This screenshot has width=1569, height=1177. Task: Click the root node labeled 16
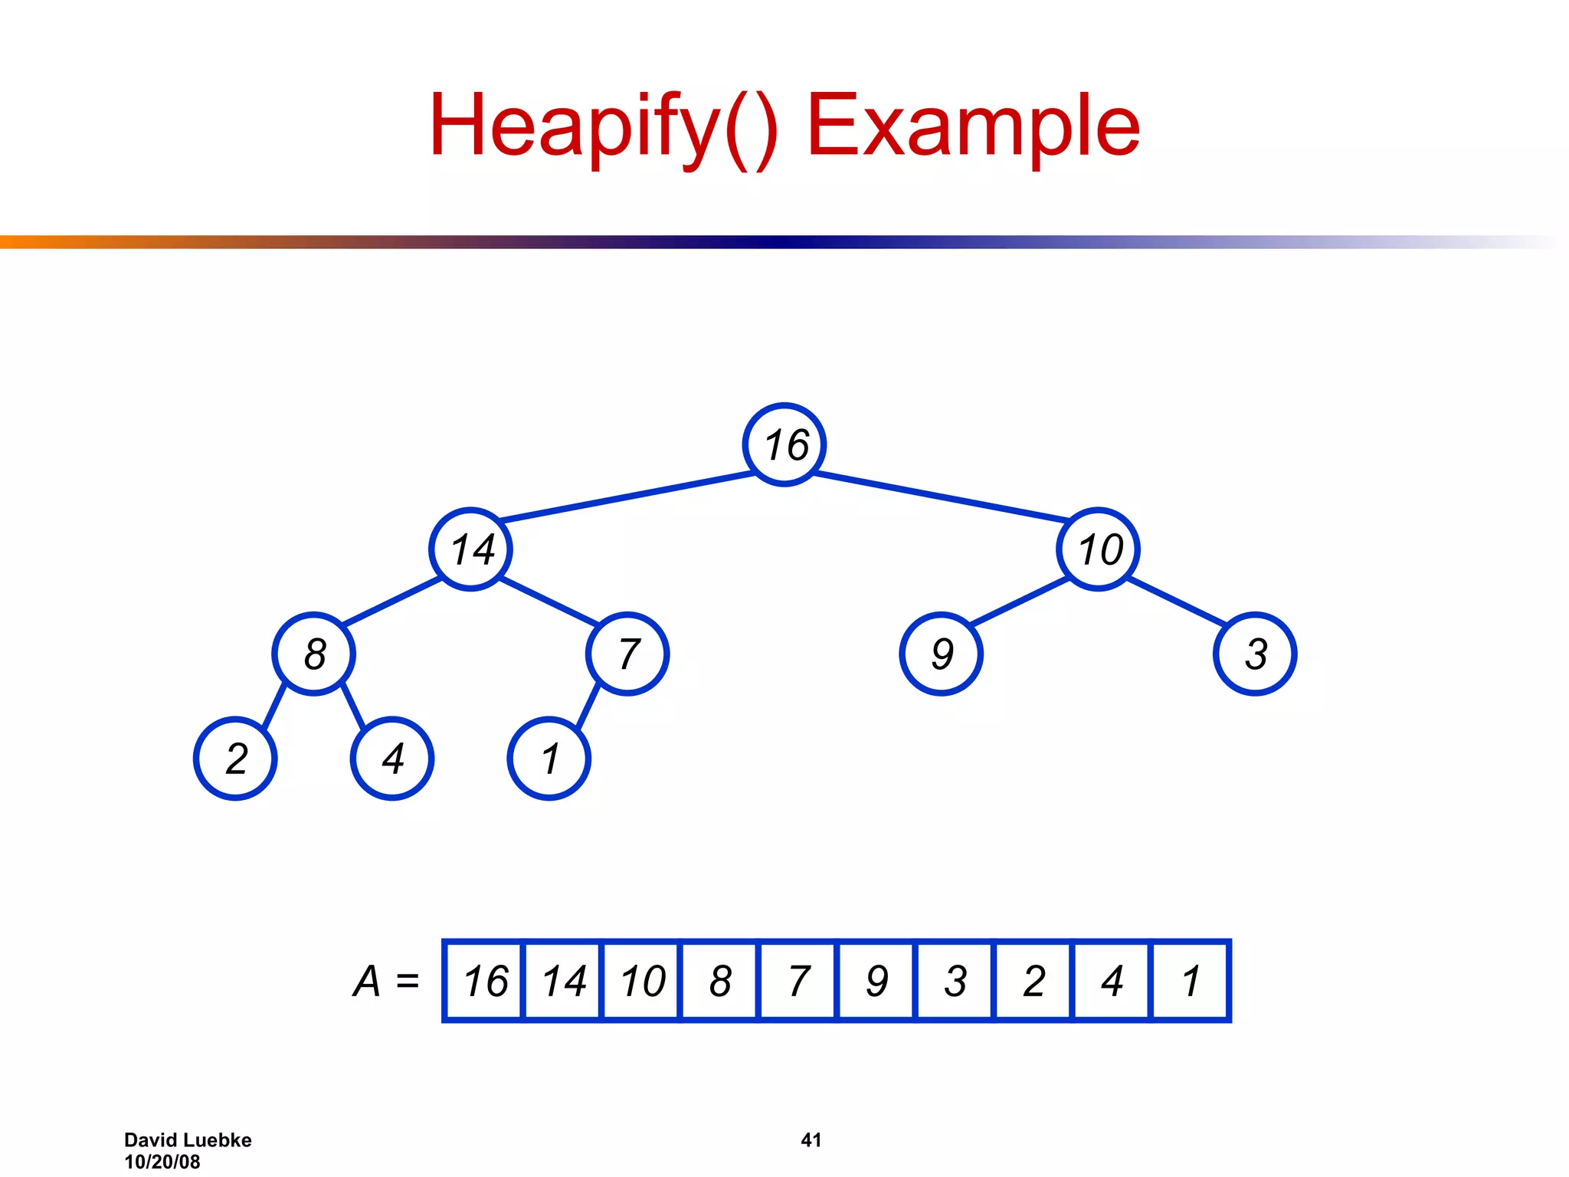pos(784,444)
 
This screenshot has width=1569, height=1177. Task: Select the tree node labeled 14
pos(470,549)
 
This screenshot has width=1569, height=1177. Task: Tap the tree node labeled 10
pos(1099,549)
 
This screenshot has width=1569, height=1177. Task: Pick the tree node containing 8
pos(314,654)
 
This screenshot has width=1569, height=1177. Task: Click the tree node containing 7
pos(627,654)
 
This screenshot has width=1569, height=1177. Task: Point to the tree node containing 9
pos(942,654)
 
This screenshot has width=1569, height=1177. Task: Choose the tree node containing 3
pos(1255,654)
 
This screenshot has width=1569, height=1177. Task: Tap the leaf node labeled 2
pos(235,759)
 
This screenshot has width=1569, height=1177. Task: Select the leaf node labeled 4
pos(392,759)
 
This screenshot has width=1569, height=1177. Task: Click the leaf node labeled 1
pos(549,759)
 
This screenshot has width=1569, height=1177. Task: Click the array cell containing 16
pos(484,981)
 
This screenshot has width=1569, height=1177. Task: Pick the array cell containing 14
pos(563,981)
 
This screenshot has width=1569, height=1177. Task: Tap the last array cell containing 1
pos(1190,981)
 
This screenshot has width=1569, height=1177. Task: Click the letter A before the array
pos(367,981)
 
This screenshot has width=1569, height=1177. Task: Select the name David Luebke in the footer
pos(188,1140)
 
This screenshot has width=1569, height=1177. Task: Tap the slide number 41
pos(811,1140)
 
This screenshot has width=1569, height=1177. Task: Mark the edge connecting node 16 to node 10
pos(942,497)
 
